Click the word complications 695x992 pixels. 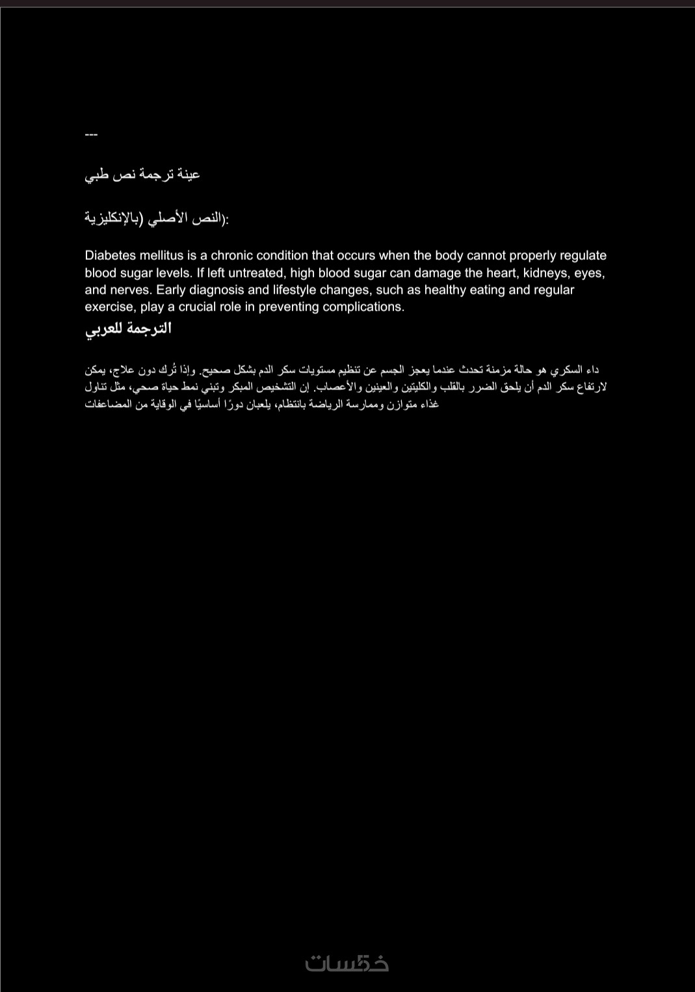tap(363, 307)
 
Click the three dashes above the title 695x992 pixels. tap(91, 135)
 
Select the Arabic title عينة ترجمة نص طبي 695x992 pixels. tap(142, 174)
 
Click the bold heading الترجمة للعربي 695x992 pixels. tap(128, 329)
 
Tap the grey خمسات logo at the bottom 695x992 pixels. tap(347, 963)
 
